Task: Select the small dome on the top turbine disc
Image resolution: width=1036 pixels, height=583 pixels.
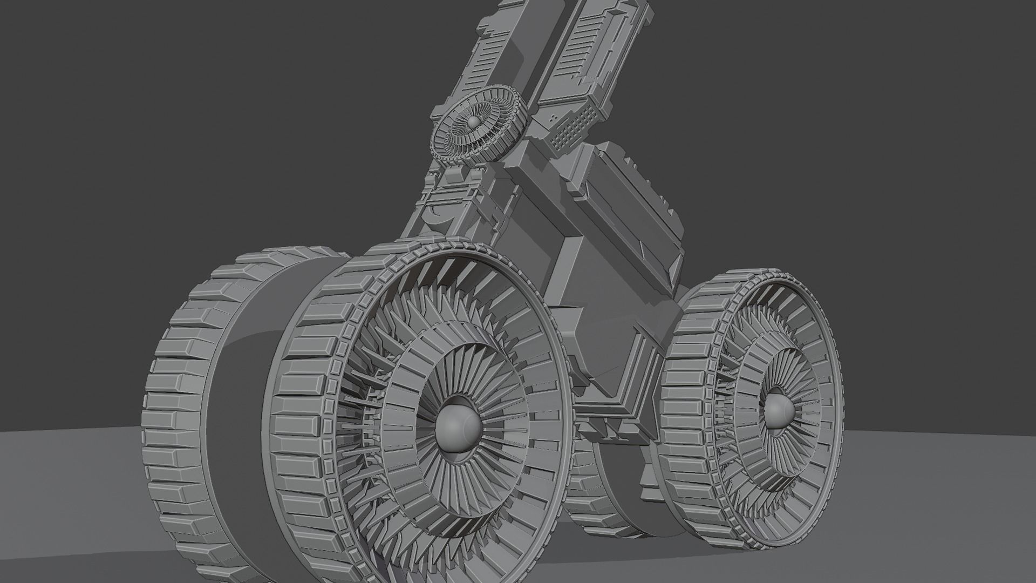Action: tap(472, 123)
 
